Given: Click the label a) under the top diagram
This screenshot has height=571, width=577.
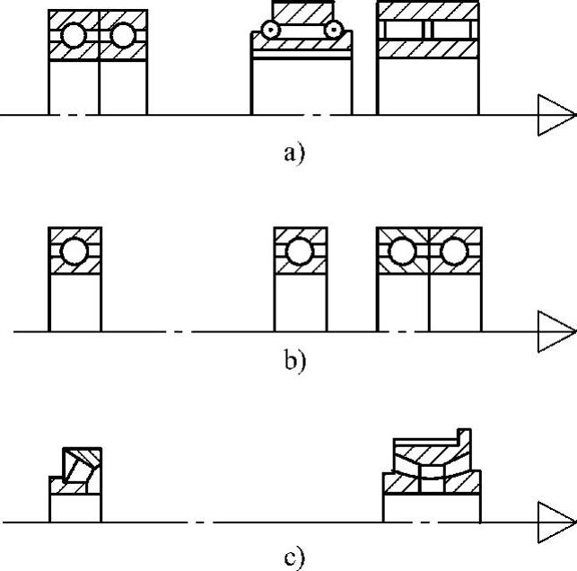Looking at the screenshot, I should [x=294, y=152].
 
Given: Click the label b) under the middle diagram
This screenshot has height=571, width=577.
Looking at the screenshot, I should [x=294, y=361].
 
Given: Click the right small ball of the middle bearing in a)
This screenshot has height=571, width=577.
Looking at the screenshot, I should [x=333, y=31].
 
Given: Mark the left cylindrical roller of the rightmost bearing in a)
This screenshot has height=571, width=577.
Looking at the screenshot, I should [x=403, y=29].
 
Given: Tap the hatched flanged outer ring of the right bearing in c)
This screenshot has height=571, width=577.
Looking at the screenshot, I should [x=431, y=448].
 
